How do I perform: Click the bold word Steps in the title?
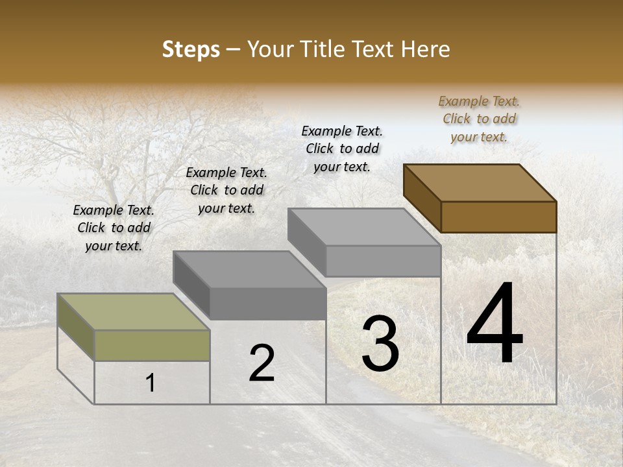click(190, 49)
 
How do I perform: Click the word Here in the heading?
click(425, 49)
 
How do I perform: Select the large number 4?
click(495, 324)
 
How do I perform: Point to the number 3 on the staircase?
click(380, 344)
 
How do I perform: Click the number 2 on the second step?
click(262, 363)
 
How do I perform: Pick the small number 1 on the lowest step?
click(151, 383)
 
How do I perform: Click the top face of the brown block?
click(479, 182)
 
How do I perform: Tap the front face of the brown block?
click(498, 217)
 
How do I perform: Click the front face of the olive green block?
click(152, 345)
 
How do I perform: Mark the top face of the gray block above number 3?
click(363, 227)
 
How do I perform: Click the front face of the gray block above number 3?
click(383, 261)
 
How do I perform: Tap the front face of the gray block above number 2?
click(267, 304)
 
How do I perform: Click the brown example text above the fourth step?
click(479, 119)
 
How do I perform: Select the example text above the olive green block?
click(114, 228)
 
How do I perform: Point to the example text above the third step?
click(342, 149)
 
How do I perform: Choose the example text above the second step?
click(226, 190)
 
